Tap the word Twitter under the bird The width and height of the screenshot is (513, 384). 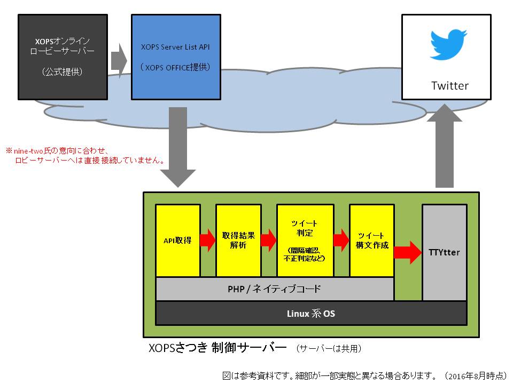(449, 86)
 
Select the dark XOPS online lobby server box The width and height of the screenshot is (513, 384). (63, 57)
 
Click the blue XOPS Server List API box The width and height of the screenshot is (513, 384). (176, 57)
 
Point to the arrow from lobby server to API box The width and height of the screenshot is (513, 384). (119, 57)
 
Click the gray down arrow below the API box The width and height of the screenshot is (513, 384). (176, 147)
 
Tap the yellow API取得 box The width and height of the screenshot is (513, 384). (177, 241)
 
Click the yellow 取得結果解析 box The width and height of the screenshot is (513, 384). (238, 241)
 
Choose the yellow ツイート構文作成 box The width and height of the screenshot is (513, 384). (372, 241)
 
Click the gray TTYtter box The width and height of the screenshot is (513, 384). (444, 252)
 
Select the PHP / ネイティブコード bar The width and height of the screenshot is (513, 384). (275, 290)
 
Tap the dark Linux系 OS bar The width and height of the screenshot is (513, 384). (310, 313)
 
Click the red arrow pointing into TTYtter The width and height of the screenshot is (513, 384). (408, 252)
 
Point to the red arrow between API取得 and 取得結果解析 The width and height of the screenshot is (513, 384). (208, 240)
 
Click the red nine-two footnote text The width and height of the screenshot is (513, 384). (85, 155)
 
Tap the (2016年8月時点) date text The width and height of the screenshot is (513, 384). (475, 375)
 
